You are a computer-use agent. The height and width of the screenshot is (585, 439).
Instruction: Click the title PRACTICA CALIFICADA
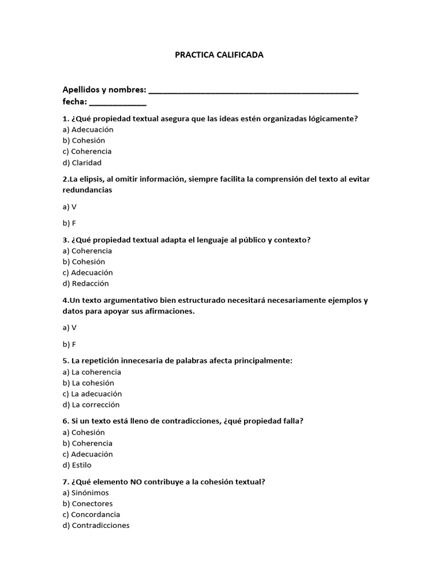pos(219,55)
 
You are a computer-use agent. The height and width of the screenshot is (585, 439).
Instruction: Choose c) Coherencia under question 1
pos(87,151)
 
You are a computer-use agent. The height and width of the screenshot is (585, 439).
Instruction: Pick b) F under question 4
pos(69,344)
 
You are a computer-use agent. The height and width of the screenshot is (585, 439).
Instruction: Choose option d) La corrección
pos(91,404)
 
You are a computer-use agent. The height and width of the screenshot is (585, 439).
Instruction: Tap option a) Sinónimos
pos(85,492)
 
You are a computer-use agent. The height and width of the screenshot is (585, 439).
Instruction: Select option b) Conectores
pos(87,503)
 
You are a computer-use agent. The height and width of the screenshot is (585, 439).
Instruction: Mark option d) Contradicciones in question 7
pos(96,525)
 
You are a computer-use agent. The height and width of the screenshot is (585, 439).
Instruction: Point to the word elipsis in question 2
pos(91,179)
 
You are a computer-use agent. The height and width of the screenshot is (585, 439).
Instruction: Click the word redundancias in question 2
pos(87,190)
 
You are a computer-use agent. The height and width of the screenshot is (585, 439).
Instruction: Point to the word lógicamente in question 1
pos(333,118)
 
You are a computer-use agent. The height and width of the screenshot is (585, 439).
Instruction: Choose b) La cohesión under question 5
pos(88,383)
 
